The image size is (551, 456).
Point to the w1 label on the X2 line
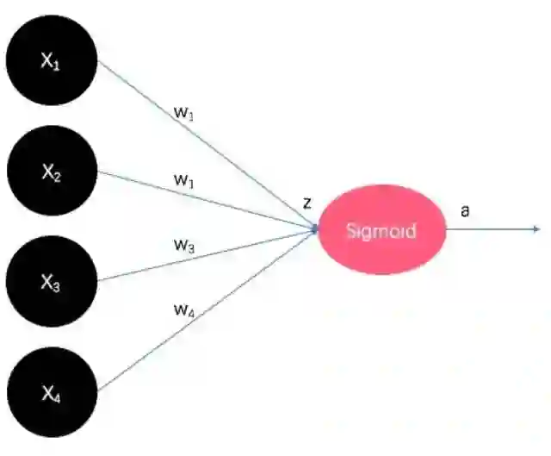(183, 180)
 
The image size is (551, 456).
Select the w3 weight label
(183, 244)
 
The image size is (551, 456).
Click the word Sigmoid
(381, 231)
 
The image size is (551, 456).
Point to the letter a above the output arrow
(465, 209)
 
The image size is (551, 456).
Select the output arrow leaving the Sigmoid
(491, 229)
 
